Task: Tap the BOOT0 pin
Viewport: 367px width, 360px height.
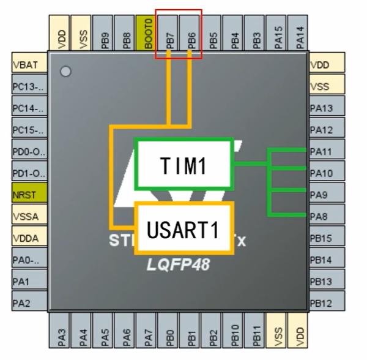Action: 148,33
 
